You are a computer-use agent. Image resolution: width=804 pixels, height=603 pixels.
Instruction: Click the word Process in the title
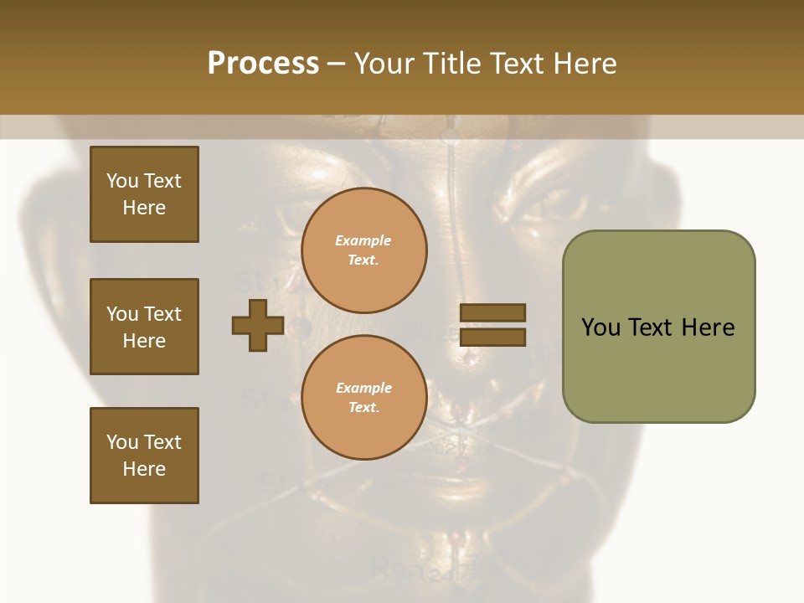pyautogui.click(x=263, y=64)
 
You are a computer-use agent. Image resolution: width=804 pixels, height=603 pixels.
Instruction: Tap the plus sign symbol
pyautogui.click(x=258, y=326)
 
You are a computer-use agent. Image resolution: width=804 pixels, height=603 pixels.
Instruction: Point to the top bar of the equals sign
pyautogui.click(x=493, y=312)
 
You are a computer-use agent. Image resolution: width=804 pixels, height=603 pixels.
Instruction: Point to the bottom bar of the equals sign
pyautogui.click(x=493, y=338)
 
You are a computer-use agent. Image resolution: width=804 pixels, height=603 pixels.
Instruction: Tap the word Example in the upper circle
pyautogui.click(x=363, y=240)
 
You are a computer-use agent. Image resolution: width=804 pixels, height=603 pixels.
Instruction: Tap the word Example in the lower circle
pyautogui.click(x=363, y=388)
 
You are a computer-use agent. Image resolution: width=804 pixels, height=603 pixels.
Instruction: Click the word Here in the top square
pyautogui.click(x=144, y=208)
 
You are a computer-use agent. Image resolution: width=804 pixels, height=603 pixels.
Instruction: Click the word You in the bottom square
pyautogui.click(x=122, y=442)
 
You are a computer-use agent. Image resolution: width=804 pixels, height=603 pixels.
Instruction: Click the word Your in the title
pyautogui.click(x=384, y=64)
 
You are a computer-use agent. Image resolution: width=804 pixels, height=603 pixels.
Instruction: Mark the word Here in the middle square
pyautogui.click(x=144, y=341)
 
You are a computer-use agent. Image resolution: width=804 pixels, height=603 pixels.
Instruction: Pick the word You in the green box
pyautogui.click(x=600, y=327)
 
